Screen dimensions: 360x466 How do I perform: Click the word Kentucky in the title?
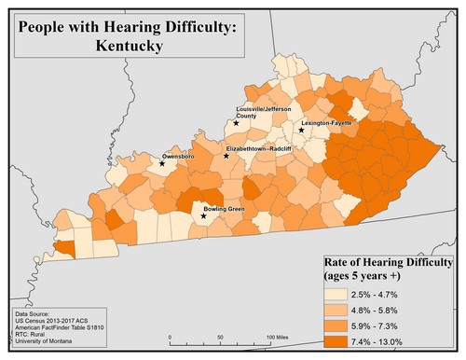(x=128, y=44)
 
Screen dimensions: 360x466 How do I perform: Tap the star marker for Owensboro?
(x=162, y=163)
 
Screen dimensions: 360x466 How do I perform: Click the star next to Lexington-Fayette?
(x=302, y=131)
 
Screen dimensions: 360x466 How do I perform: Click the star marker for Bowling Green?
(x=204, y=216)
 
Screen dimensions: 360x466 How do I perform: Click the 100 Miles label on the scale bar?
(x=278, y=336)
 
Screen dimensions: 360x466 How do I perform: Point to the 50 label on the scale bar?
(x=220, y=336)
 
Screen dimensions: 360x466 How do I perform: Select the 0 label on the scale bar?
(x=170, y=336)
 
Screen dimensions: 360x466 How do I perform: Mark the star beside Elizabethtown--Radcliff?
(x=226, y=156)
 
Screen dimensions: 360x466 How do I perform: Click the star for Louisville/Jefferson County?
(x=237, y=122)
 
